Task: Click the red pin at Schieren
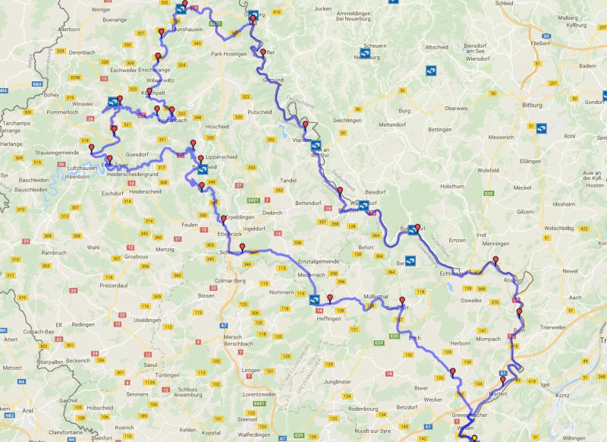pos(242,247)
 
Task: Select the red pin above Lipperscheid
pos(193,144)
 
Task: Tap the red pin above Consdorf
pos(402,300)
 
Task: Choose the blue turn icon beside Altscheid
pos(431,71)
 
